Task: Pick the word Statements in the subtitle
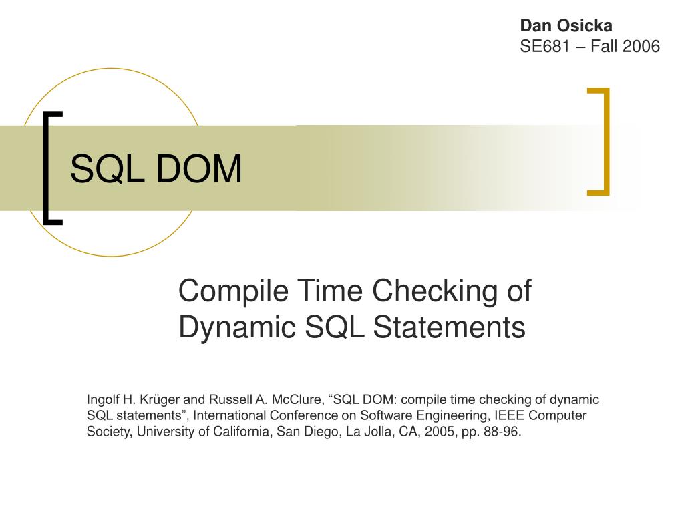click(449, 327)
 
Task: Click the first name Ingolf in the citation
click(102, 400)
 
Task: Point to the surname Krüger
click(160, 400)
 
